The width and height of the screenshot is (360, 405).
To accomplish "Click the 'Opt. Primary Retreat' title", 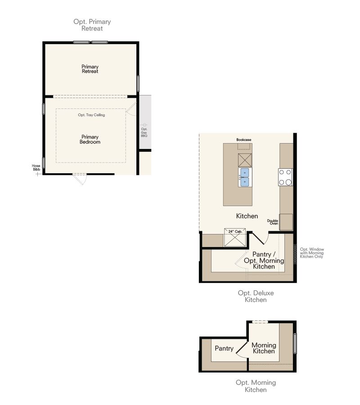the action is coord(92,25).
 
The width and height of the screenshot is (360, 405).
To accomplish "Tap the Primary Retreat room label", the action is coord(90,69).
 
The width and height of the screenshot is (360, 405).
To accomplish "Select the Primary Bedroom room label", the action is coord(90,139).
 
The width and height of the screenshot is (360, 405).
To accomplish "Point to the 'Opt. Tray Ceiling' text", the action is coord(91,115).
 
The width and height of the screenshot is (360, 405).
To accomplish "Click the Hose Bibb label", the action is coord(36,167).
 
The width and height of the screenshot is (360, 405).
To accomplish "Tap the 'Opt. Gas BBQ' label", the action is coord(144,132).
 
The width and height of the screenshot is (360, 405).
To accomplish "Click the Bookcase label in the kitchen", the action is coord(244,140).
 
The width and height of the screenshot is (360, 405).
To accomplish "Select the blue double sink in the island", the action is coord(244,177).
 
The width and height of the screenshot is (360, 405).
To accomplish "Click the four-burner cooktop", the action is coord(285,177).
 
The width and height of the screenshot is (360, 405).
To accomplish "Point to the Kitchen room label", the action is coord(247,216).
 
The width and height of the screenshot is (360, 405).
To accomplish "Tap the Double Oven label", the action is coord(272,222).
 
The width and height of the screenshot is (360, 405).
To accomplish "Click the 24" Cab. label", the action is coord(235,231).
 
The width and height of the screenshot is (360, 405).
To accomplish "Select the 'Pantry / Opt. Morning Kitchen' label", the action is coord(264,261).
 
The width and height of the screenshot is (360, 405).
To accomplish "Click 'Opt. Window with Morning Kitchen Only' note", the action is coord(312,253).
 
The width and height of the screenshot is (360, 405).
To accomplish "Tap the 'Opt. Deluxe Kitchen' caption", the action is coord(256,296).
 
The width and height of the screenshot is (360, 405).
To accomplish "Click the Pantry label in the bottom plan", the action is coord(224,348).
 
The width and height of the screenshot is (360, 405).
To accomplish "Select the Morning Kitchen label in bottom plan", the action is coord(264,348).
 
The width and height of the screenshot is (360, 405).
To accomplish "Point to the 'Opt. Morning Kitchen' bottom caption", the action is coord(256,386).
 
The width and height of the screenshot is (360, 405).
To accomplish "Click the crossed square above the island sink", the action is coord(244,160).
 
